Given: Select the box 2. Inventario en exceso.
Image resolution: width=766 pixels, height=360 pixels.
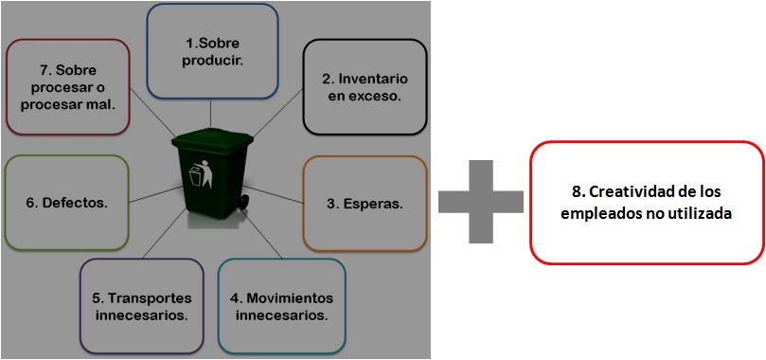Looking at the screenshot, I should point(365,86).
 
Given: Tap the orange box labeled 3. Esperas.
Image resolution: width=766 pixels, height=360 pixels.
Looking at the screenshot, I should point(365,203).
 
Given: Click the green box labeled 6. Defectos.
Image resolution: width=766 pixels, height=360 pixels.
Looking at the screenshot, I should point(66,202).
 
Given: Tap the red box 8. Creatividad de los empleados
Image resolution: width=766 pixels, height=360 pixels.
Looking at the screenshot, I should point(647,202).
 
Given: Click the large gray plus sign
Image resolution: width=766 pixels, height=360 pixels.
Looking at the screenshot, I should point(481,201).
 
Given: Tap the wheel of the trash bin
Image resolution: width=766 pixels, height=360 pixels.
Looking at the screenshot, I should point(244,202).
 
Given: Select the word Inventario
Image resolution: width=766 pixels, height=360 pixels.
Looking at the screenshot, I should point(370,79).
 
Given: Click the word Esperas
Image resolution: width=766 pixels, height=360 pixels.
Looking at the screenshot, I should point(371,203).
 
